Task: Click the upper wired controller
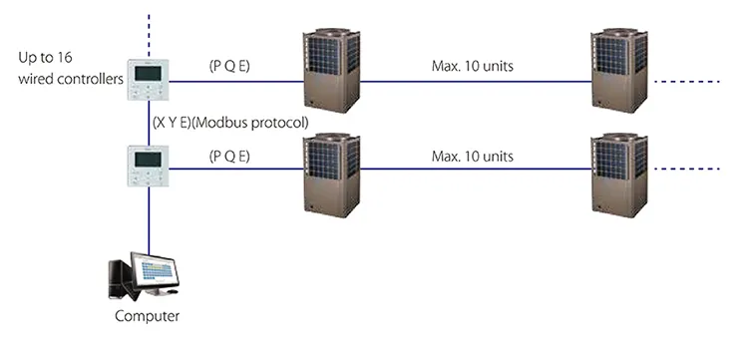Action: [x=149, y=83]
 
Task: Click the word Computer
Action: [x=148, y=316]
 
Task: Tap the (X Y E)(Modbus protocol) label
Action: [x=231, y=122]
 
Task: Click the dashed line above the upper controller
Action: [x=149, y=30]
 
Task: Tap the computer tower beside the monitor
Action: [x=118, y=278]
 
